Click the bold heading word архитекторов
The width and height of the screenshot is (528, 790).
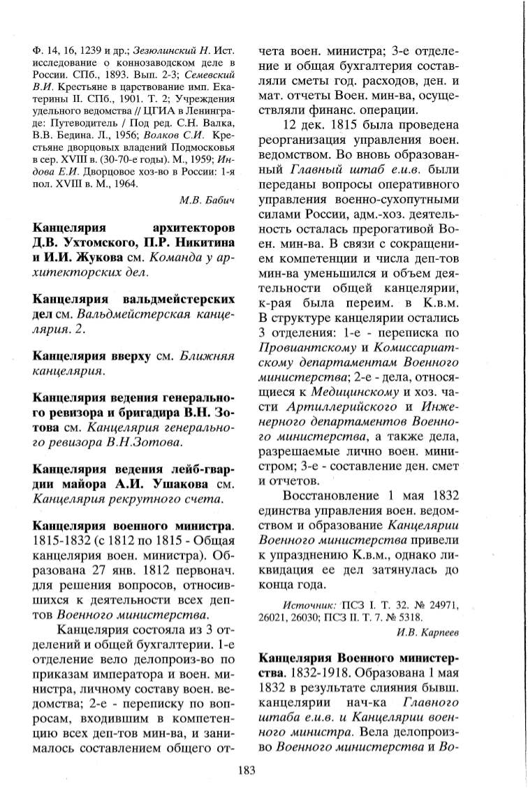point(193,230)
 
